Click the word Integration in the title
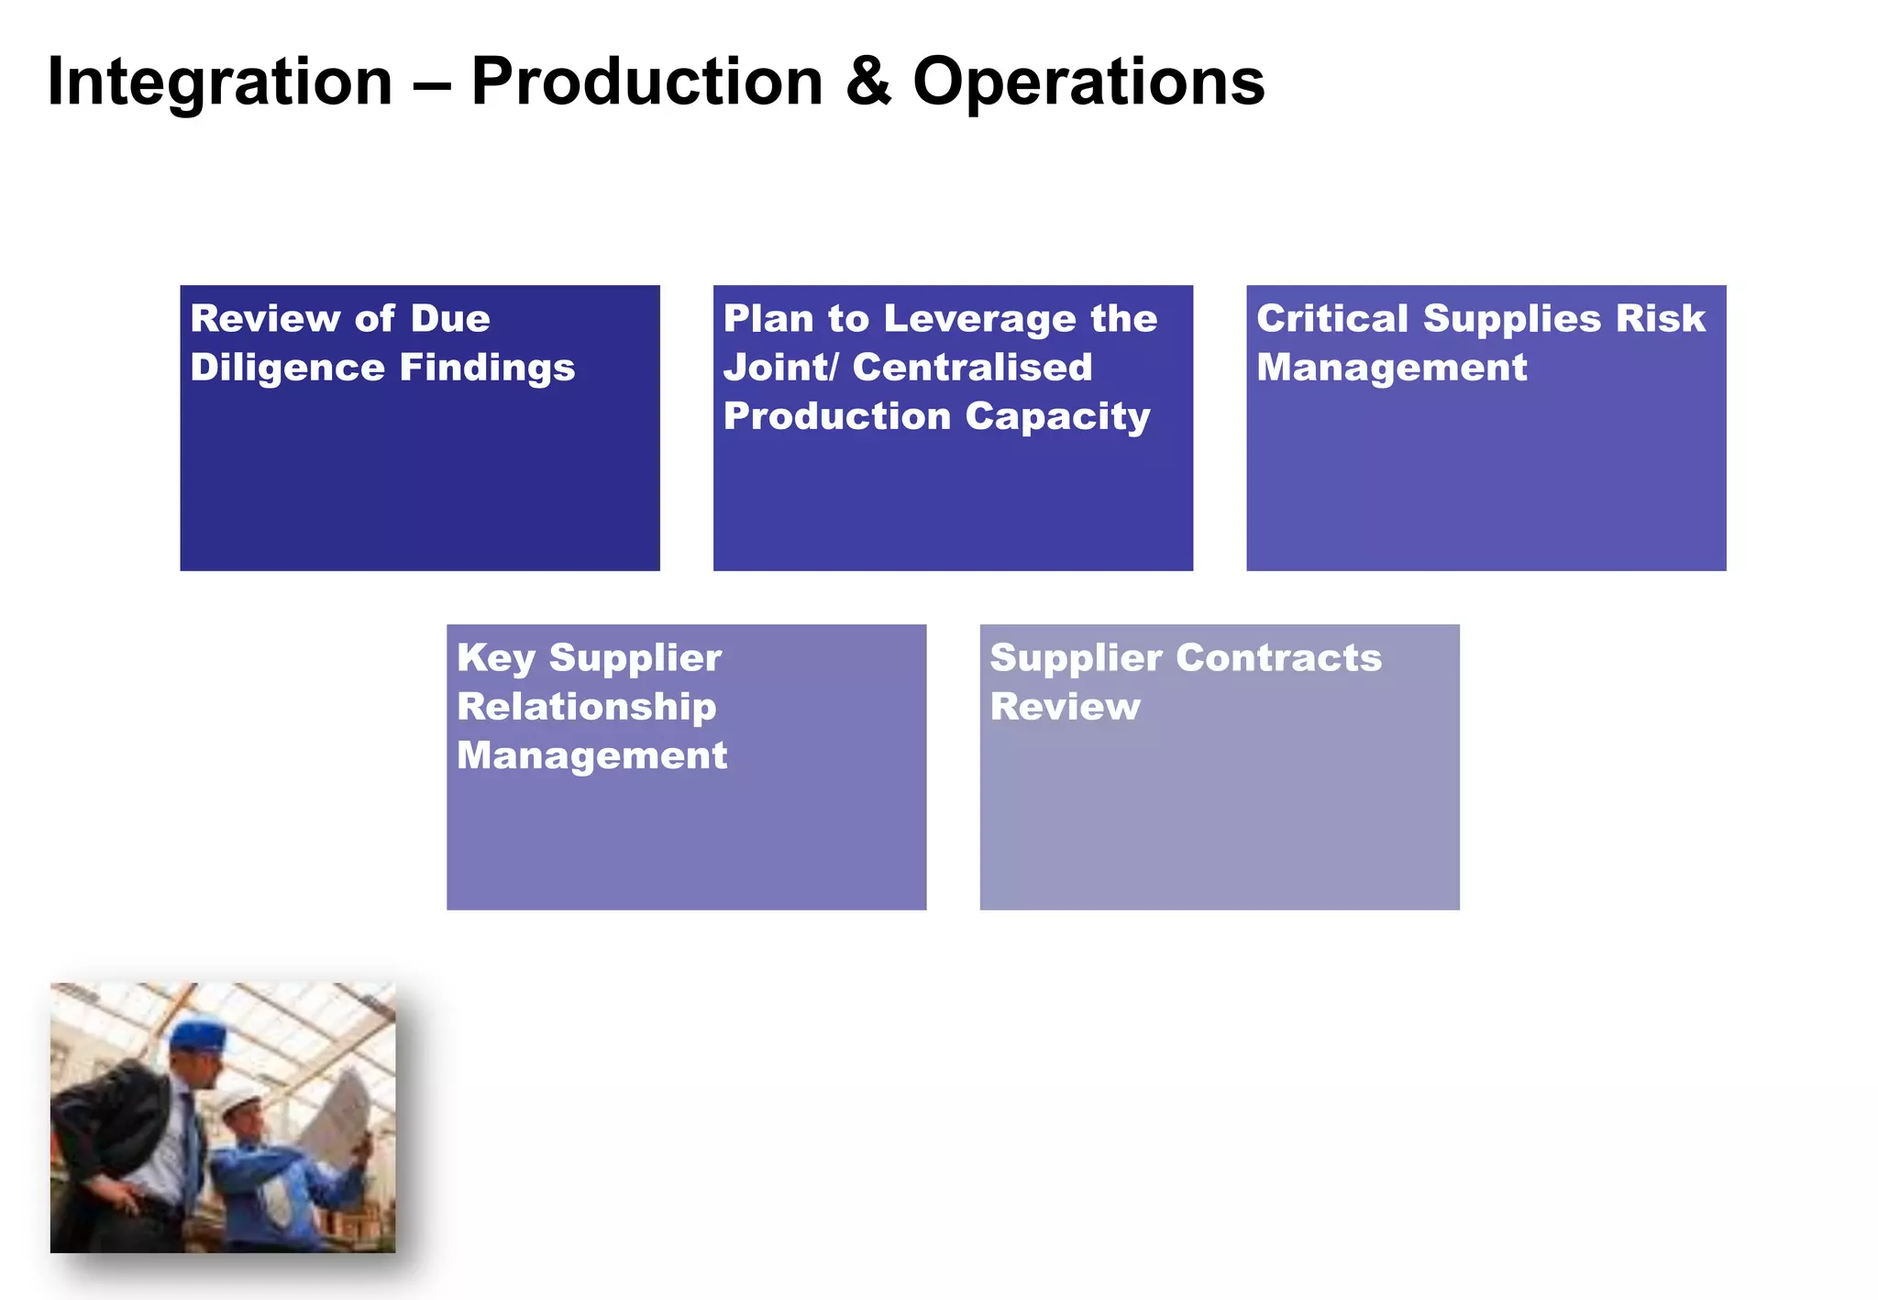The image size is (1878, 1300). pyautogui.click(x=220, y=83)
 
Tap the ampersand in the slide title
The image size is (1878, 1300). pyautogui.click(x=867, y=83)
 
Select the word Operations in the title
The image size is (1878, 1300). pyautogui.click(x=1088, y=83)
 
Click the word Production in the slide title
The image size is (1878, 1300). pyautogui.click(x=646, y=83)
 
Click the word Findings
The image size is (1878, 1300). pyautogui.click(x=487, y=369)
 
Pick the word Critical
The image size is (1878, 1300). pyautogui.click(x=1331, y=320)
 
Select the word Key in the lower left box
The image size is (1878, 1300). pyautogui.click(x=495, y=659)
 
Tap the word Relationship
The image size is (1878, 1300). pyautogui.click(x=587, y=708)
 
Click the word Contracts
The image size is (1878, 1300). pyautogui.click(x=1278, y=659)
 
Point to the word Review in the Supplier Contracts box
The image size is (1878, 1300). pyautogui.click(x=1065, y=708)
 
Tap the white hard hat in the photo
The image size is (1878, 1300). pyautogui.click(x=238, y=1100)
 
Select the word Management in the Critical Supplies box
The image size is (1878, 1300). pyautogui.click(x=1391, y=369)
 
